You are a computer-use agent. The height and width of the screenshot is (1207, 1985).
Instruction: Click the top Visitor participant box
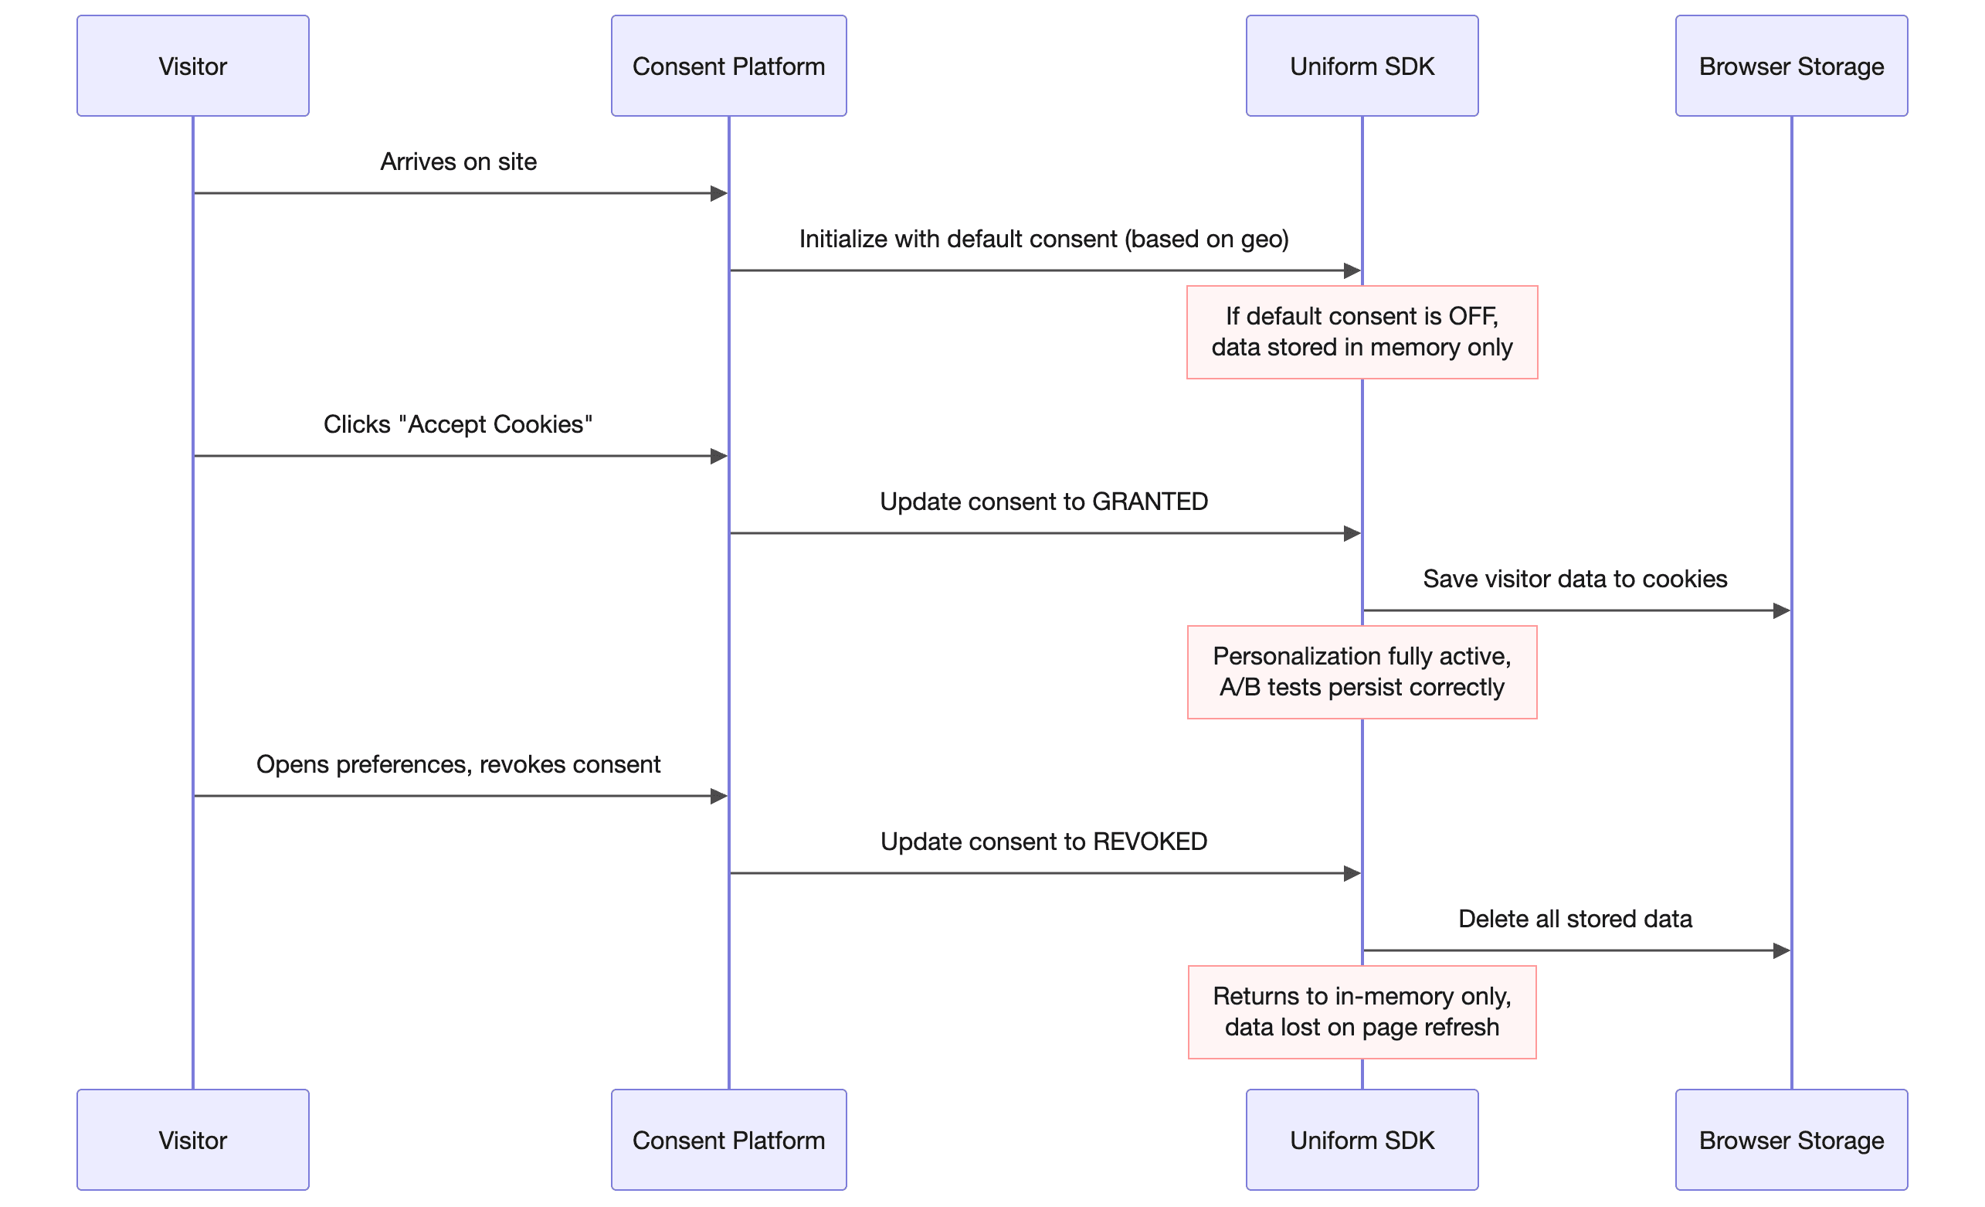point(192,66)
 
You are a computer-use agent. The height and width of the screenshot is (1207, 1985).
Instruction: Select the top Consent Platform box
point(728,66)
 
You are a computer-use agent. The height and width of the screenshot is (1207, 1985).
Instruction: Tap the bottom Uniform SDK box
point(1362,1139)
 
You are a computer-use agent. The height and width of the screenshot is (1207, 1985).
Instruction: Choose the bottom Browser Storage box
point(1791,1139)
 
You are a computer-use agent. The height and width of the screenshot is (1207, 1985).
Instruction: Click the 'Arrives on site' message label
point(458,162)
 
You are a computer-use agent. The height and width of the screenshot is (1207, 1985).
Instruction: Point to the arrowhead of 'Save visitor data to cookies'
point(1781,610)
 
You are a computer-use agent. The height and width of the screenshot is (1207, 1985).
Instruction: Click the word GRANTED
point(1149,502)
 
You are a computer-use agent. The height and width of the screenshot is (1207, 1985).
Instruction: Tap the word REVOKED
point(1149,842)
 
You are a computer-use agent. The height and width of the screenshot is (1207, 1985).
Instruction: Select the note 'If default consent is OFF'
point(1362,332)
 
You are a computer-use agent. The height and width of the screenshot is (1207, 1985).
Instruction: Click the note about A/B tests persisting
point(1362,672)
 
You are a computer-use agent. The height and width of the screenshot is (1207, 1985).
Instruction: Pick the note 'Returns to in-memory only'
point(1362,1012)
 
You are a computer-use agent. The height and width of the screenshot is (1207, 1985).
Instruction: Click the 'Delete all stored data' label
point(1575,920)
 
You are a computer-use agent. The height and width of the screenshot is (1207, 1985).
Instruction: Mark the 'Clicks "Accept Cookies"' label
point(457,425)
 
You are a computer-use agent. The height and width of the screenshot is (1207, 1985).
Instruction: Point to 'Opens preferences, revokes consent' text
point(458,765)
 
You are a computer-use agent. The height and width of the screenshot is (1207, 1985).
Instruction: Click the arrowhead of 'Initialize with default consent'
point(1352,270)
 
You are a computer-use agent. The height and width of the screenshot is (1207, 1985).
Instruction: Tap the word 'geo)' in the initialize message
point(1265,240)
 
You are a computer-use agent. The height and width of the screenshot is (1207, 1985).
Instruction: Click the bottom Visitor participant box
point(192,1139)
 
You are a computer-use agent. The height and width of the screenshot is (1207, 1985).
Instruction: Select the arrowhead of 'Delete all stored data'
point(1781,950)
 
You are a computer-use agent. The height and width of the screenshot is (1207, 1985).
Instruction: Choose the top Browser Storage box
point(1791,66)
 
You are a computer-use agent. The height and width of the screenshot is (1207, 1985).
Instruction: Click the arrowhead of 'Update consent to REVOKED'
point(1352,873)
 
